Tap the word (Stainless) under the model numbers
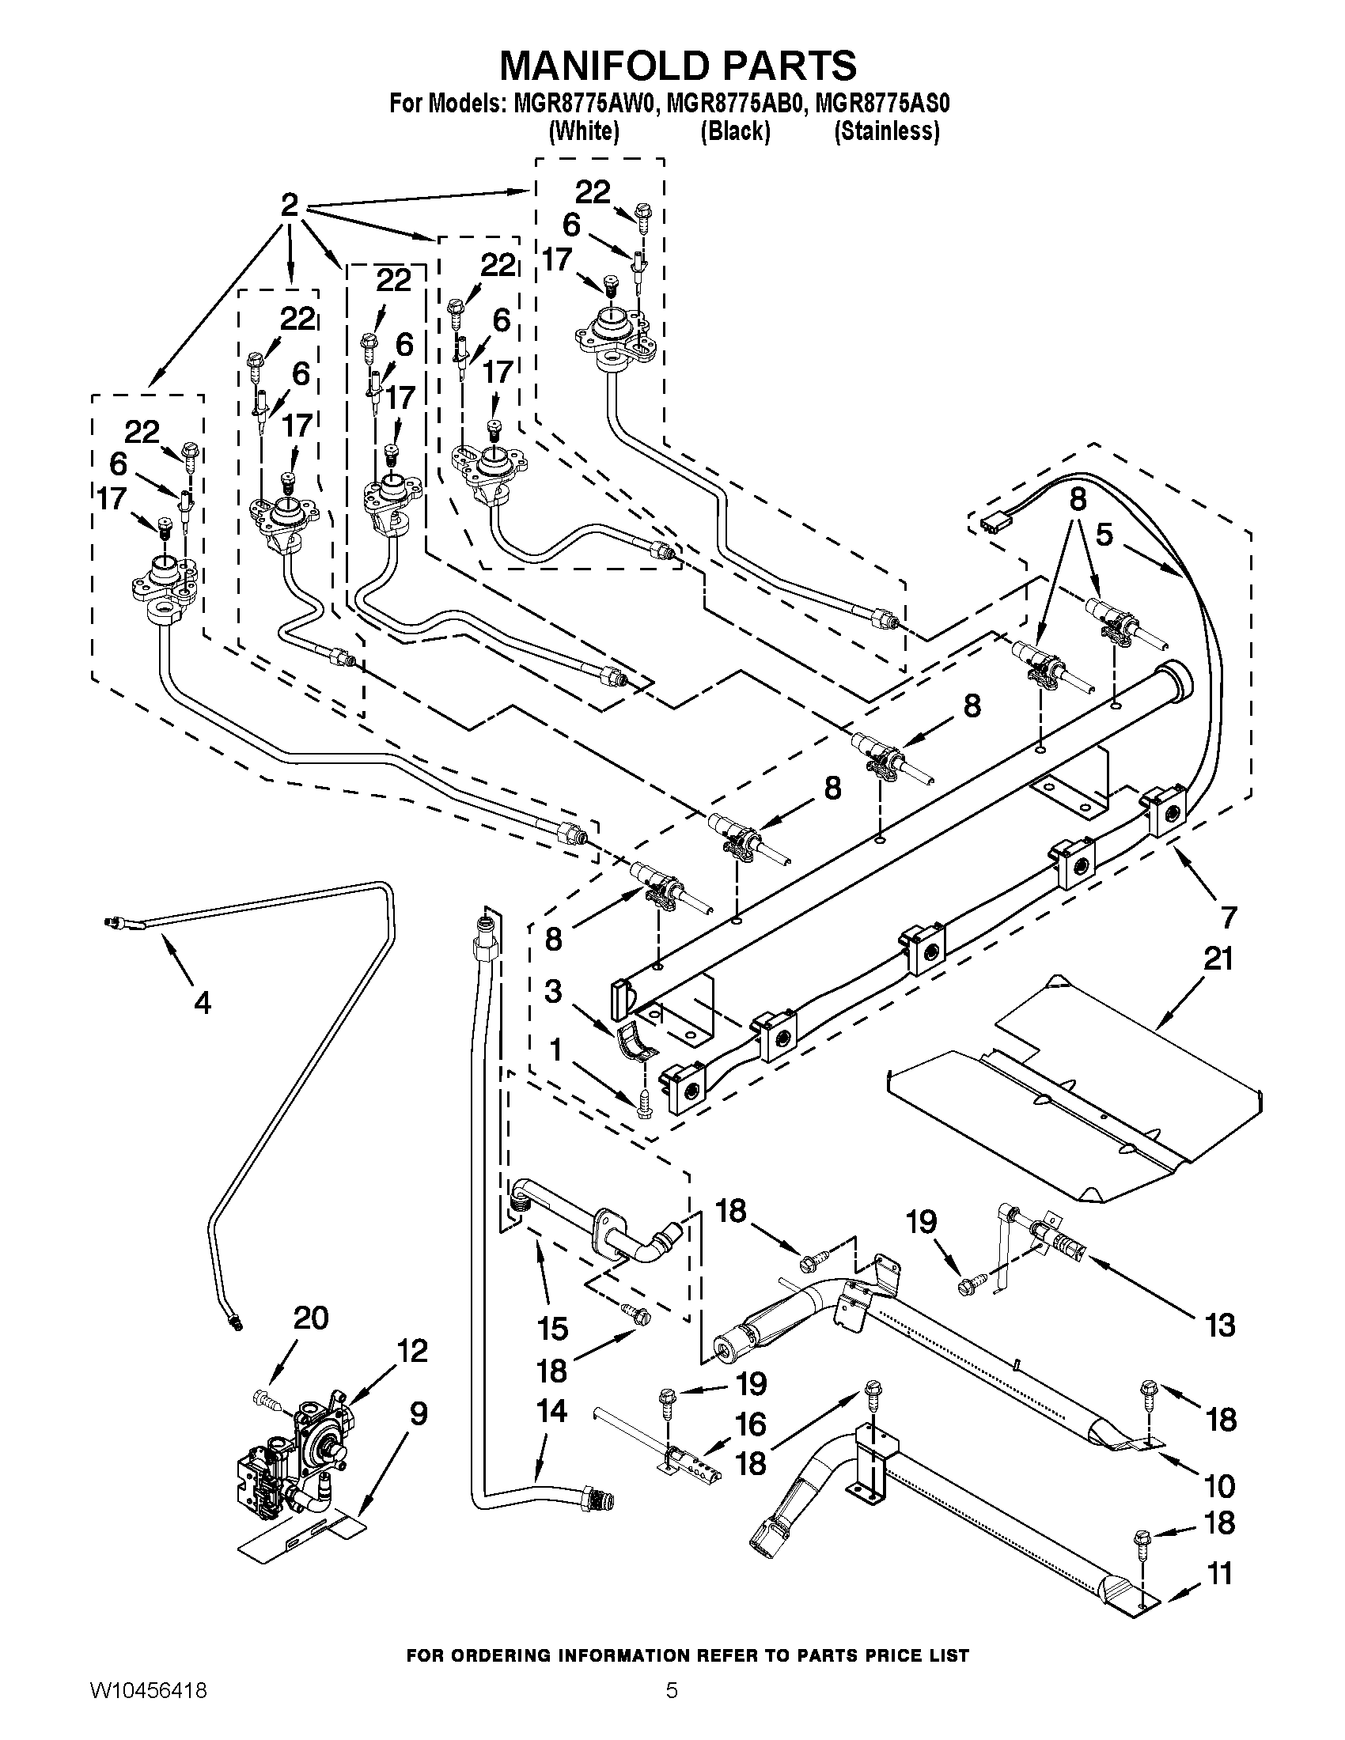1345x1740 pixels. tap(887, 131)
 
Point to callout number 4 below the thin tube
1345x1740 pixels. tap(203, 1003)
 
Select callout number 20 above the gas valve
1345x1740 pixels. tap(311, 1318)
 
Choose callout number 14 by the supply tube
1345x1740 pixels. tap(551, 1411)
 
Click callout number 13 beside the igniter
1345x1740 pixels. tap(1220, 1325)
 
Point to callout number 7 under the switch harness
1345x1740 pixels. tap(1228, 917)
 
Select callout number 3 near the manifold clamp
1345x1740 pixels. tap(553, 992)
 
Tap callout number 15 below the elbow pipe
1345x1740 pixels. tap(552, 1328)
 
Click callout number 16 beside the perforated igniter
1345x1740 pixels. tap(751, 1424)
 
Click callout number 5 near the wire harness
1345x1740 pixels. tap(1104, 535)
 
